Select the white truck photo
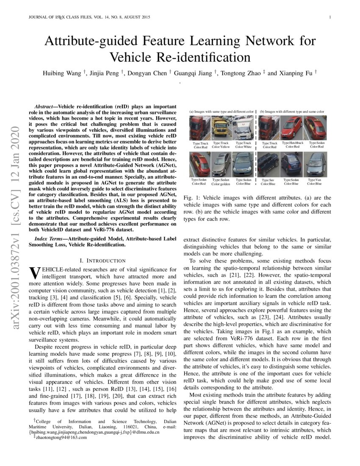click(x=243, y=128)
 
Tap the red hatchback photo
click(x=293, y=128)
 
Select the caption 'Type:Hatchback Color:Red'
click(x=293, y=145)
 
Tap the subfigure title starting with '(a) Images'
click(x=221, y=111)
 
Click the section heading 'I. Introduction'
click(x=103, y=260)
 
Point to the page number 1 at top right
click(x=330, y=17)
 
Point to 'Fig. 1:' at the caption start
click(x=192, y=198)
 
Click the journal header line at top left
click(x=87, y=17)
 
